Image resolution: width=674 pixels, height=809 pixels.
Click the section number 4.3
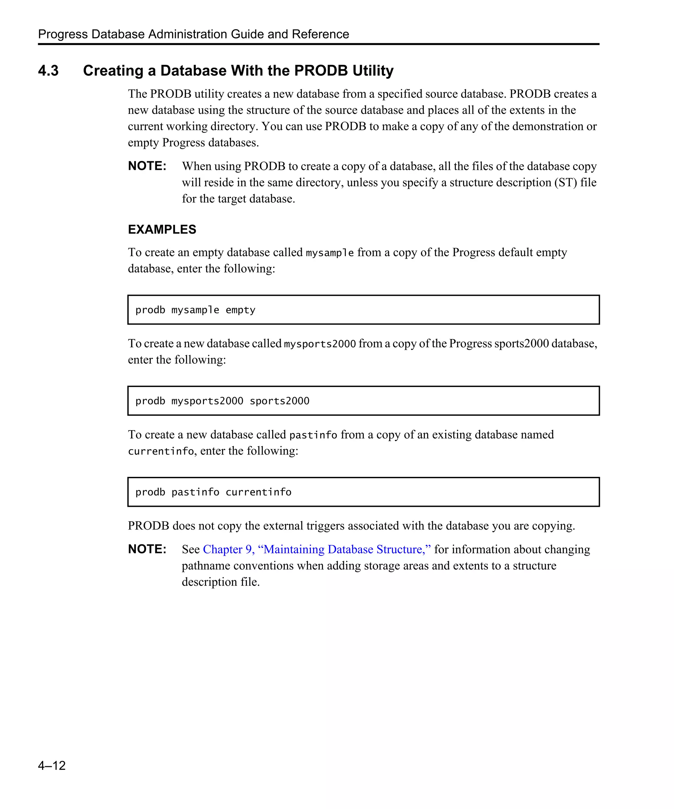(48, 71)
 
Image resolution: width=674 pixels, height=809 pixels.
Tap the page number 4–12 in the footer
(52, 765)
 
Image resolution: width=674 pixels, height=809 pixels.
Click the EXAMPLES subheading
(162, 230)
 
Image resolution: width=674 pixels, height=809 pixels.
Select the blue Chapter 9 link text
(317, 549)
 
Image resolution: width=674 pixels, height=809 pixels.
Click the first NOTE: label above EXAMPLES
(147, 166)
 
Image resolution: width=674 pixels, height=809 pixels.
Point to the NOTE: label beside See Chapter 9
(147, 549)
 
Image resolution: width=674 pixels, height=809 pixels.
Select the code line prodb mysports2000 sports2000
(222, 401)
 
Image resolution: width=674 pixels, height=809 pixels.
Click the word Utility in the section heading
(373, 71)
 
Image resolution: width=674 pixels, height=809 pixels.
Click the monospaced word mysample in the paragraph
(330, 253)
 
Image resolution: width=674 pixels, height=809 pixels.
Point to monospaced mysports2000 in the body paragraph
(320, 344)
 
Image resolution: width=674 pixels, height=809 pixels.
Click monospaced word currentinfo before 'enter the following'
(161, 452)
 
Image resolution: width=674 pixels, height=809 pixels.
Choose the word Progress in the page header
(63, 34)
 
